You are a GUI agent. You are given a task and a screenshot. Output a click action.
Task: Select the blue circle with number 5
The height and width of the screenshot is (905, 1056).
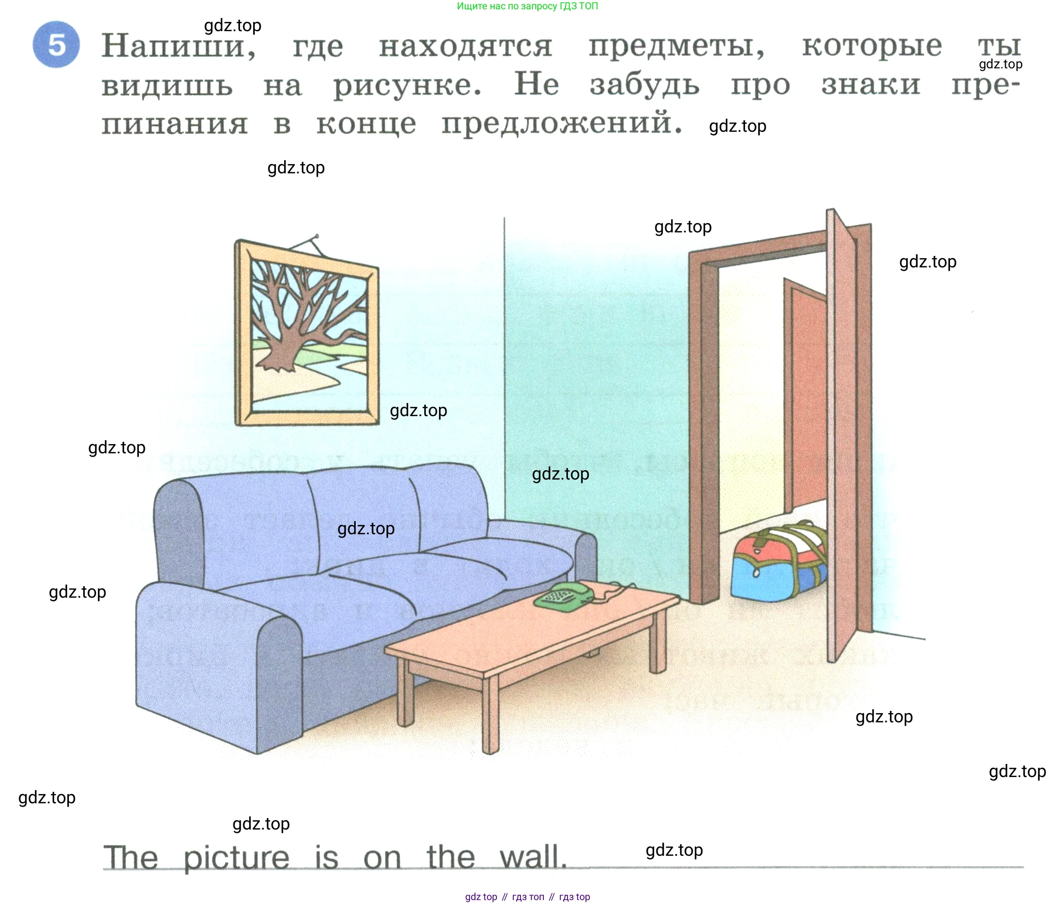56,45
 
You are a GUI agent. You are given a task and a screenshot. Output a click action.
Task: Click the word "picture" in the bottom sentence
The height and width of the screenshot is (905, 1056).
236,857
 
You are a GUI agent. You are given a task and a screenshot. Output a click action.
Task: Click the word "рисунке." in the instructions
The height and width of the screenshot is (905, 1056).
408,86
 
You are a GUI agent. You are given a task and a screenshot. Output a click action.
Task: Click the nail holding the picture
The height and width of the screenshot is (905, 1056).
315,237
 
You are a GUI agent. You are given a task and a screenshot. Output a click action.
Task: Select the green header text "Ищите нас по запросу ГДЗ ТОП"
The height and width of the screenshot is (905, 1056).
527,7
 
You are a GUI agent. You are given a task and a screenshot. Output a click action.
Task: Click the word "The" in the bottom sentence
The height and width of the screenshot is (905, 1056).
131,857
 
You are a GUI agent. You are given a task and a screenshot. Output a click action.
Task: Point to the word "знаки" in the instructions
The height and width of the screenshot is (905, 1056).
871,85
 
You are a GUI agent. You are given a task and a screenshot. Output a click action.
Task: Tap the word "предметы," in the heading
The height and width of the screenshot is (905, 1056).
677,47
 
